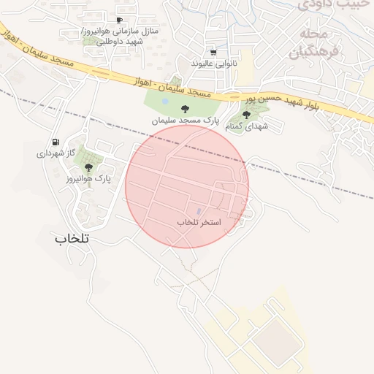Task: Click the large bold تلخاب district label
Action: (x=72, y=238)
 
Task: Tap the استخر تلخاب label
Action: (x=199, y=221)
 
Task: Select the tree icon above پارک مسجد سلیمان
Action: (x=173, y=108)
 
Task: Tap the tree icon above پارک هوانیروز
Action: (x=89, y=167)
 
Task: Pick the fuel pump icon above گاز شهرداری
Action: (x=56, y=142)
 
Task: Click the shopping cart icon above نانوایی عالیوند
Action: (x=213, y=53)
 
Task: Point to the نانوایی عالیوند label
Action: (x=214, y=64)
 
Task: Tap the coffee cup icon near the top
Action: (x=119, y=20)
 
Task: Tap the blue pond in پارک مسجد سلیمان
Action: (x=166, y=101)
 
